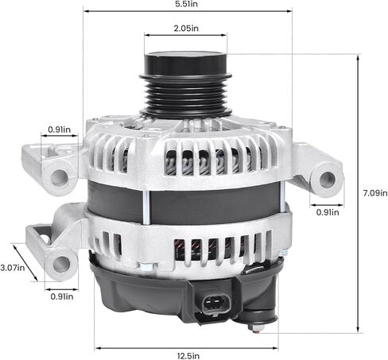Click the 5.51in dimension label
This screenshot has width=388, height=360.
[x=188, y=5]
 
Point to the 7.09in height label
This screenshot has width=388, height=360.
[x=374, y=193]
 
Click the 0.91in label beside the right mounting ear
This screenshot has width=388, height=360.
[x=328, y=212]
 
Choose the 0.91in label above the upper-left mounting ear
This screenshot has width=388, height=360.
[x=59, y=129]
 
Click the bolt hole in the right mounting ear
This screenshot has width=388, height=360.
[x=326, y=178]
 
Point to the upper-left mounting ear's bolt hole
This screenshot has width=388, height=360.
[x=59, y=176]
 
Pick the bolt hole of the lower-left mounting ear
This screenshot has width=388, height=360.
[x=58, y=262]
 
